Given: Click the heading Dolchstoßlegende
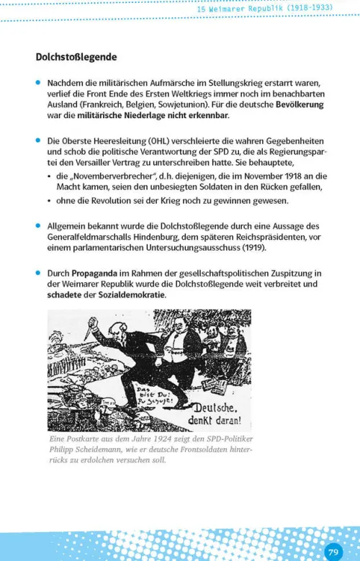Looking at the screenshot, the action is tap(76, 56).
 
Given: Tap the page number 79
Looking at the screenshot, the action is tap(333, 552).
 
